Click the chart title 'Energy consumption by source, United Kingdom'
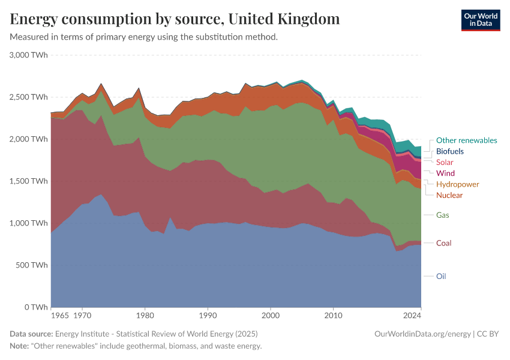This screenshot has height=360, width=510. coord(175,19)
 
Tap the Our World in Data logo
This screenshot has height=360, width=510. coord(480,20)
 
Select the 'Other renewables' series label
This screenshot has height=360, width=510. coord(466,140)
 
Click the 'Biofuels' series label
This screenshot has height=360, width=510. coord(450,151)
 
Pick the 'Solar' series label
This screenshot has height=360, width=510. coord(445,162)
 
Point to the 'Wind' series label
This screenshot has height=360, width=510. coord(445,173)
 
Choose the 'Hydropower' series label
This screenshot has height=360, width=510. coord(457,184)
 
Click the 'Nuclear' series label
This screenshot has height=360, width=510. coord(449,195)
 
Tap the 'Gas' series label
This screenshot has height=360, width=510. coord(443,215)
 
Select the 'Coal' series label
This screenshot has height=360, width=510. coord(443,243)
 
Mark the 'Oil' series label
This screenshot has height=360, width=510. coord(441,277)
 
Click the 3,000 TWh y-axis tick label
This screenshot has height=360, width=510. coord(29,55)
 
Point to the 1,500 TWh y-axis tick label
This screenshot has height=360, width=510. coord(29,181)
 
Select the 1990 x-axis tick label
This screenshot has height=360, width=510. coord(208,314)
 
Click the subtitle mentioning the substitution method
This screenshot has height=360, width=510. coord(143,37)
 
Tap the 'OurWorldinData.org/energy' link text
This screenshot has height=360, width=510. coord(422,334)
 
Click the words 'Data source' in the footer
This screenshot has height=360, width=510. coord(31,334)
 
